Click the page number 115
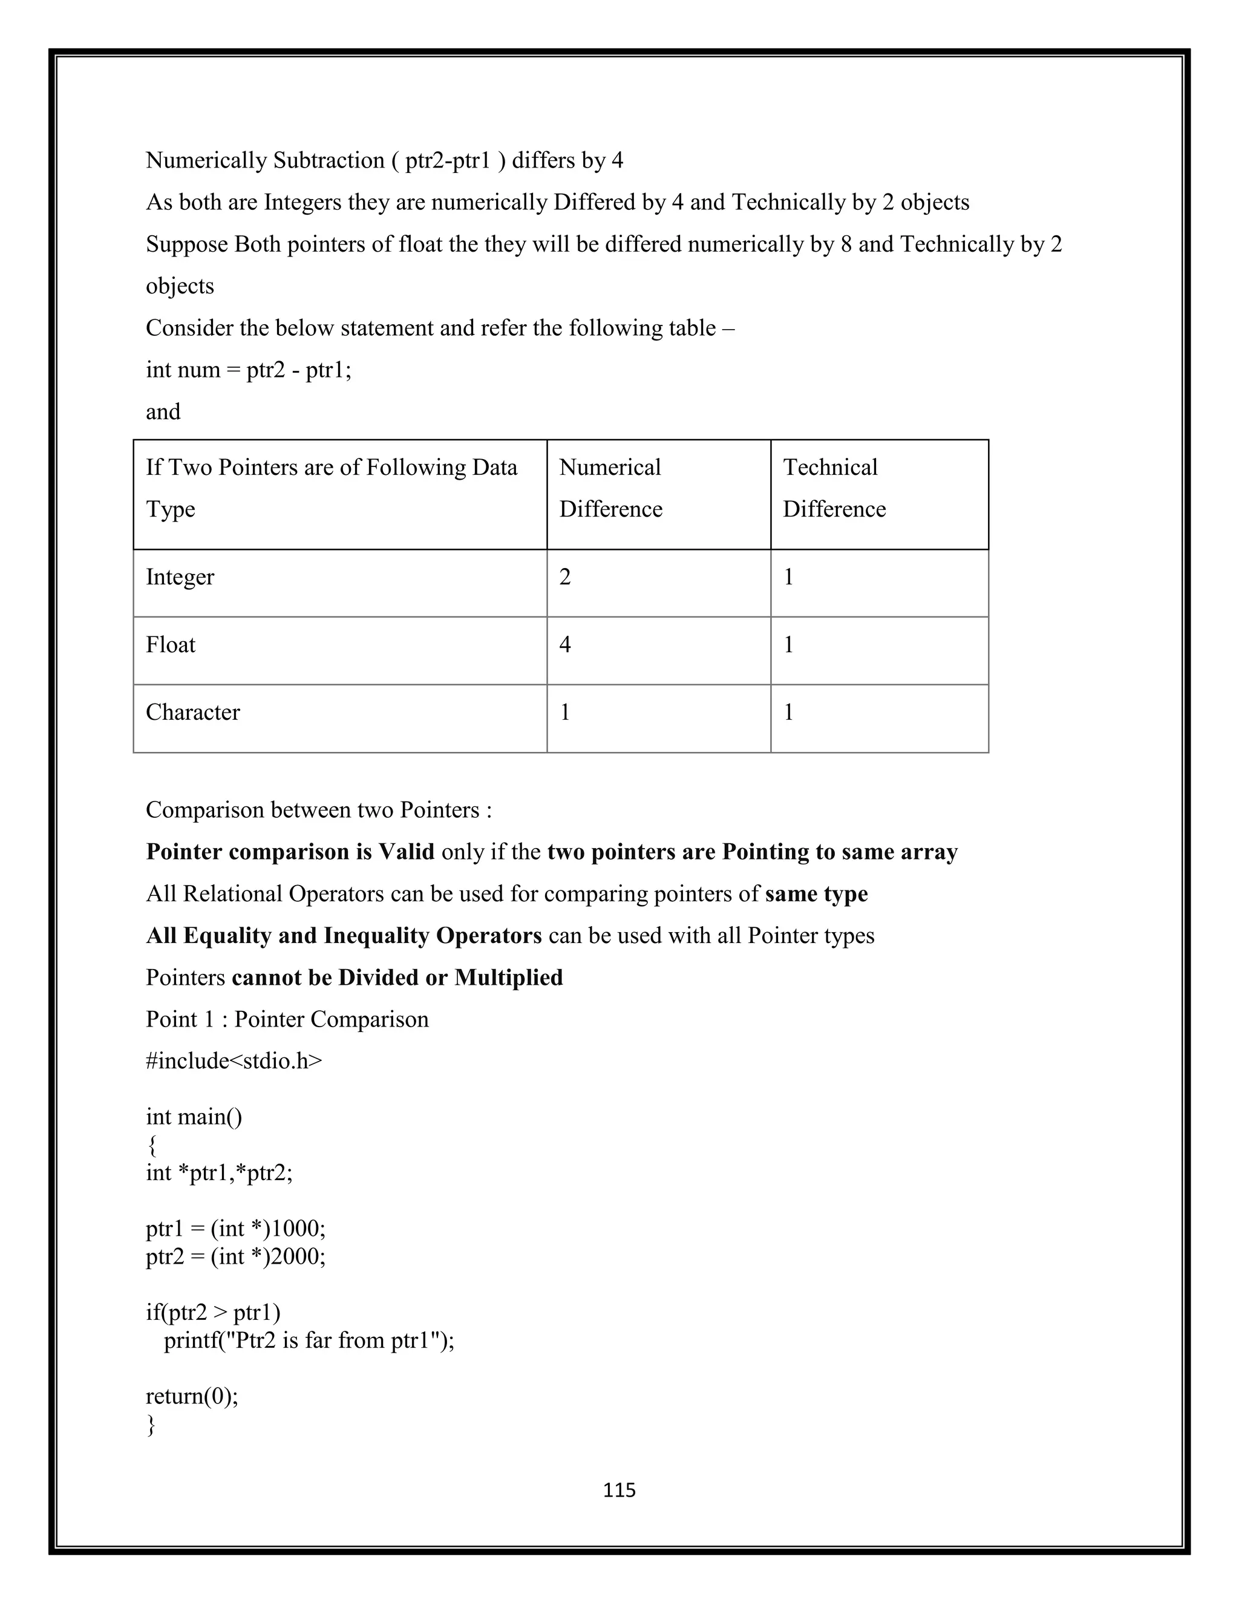click(619, 1489)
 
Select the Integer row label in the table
click(180, 577)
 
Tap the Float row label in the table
click(170, 644)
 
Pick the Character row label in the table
click(192, 712)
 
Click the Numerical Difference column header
click(610, 488)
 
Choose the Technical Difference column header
click(834, 488)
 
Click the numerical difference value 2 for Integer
click(564, 577)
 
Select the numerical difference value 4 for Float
click(564, 644)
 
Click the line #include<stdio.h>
click(234, 1060)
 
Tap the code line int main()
click(194, 1117)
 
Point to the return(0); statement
click(192, 1396)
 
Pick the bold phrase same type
click(816, 893)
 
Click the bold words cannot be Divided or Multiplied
click(397, 977)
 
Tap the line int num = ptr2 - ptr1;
click(248, 369)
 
